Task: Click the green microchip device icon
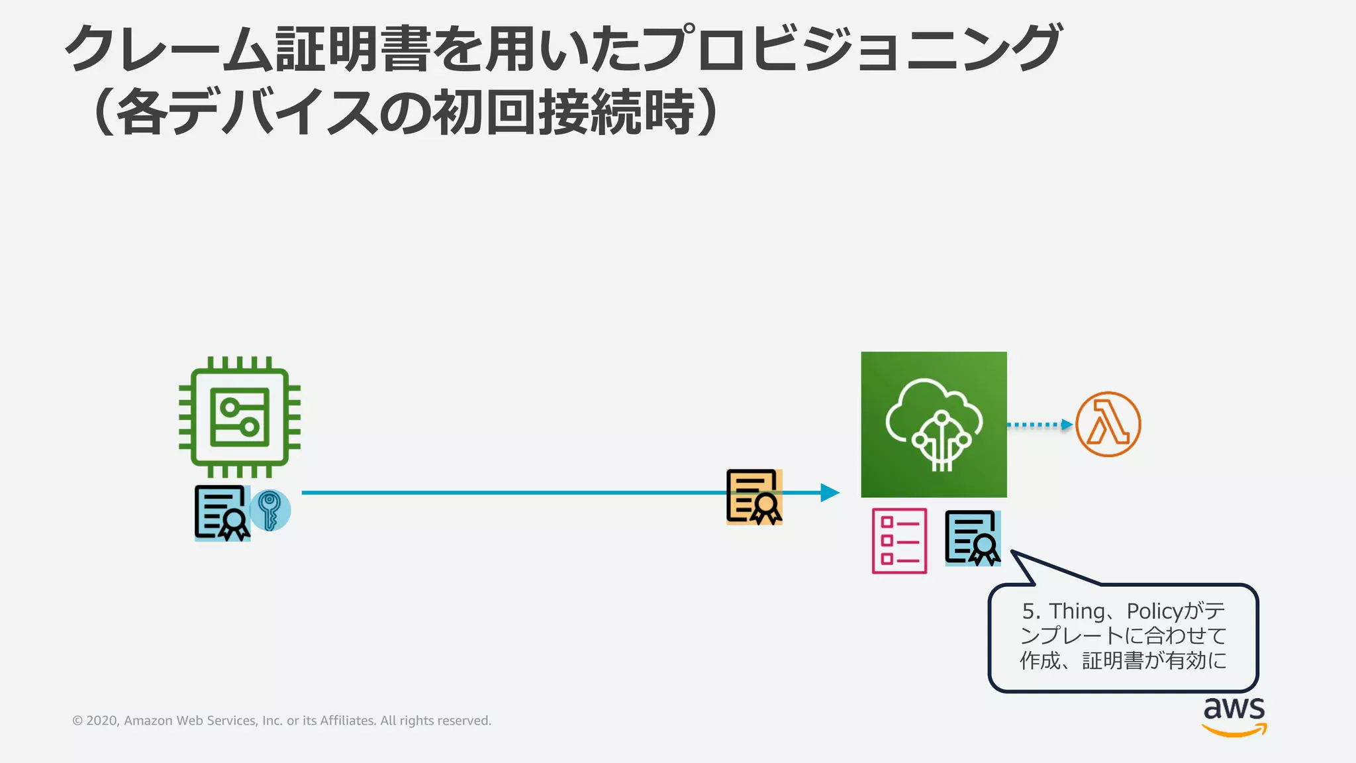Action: pyautogui.click(x=240, y=417)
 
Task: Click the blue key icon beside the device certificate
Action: pyautogui.click(x=269, y=510)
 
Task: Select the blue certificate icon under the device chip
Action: pyautogui.click(x=222, y=513)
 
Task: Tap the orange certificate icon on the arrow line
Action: pyautogui.click(x=754, y=497)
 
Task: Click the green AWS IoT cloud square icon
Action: pyautogui.click(x=934, y=425)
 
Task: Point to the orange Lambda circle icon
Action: pyautogui.click(x=1108, y=425)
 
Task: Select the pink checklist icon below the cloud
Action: pyautogui.click(x=899, y=540)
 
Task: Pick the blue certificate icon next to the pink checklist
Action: pyautogui.click(x=972, y=538)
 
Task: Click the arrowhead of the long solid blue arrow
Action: pyautogui.click(x=830, y=492)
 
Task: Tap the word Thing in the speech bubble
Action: pyautogui.click(x=1077, y=611)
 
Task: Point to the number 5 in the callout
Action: pyautogui.click(x=1028, y=611)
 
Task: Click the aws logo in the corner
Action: pyautogui.click(x=1234, y=715)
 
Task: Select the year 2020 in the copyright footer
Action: pyautogui.click(x=102, y=721)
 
